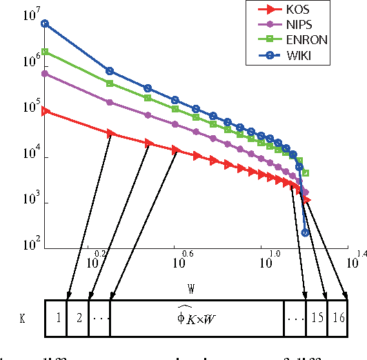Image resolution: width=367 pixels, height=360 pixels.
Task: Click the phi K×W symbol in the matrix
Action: tap(197, 318)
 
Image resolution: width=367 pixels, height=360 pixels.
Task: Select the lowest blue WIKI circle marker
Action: tap(306, 232)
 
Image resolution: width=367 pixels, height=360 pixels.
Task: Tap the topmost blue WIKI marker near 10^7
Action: tap(45, 23)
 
